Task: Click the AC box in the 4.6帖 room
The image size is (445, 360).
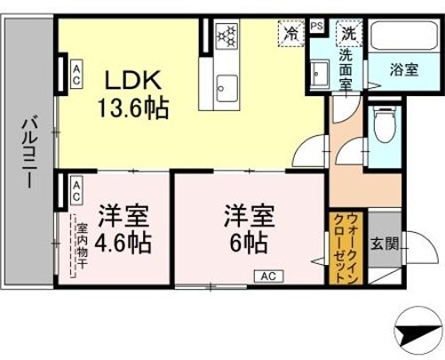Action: [77, 188]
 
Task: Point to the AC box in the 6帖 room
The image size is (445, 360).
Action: [267, 276]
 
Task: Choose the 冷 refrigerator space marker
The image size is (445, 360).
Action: [290, 32]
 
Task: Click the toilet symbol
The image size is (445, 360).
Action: [383, 130]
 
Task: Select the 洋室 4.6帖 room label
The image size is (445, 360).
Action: [124, 228]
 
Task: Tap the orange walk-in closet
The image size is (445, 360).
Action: [345, 248]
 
